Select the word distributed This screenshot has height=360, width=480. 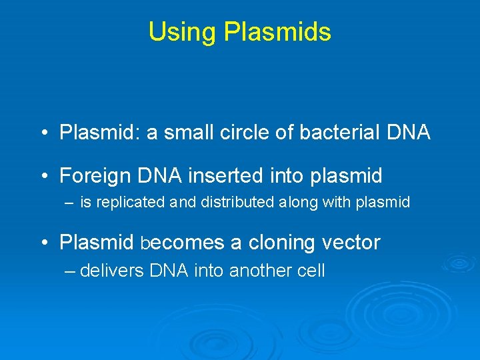point(231,203)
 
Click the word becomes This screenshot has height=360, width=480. point(181,243)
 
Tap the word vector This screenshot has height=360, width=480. point(351,243)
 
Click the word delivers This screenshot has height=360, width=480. point(112,271)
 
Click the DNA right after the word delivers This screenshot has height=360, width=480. point(169,271)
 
